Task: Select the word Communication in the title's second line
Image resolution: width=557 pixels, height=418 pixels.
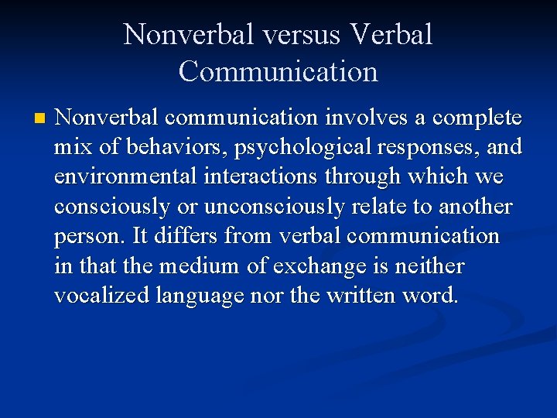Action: pyautogui.click(x=278, y=71)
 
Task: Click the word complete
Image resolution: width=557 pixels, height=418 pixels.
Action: pyautogui.click(x=477, y=118)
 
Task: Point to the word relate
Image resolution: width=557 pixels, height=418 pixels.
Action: pyautogui.click(x=402, y=207)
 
